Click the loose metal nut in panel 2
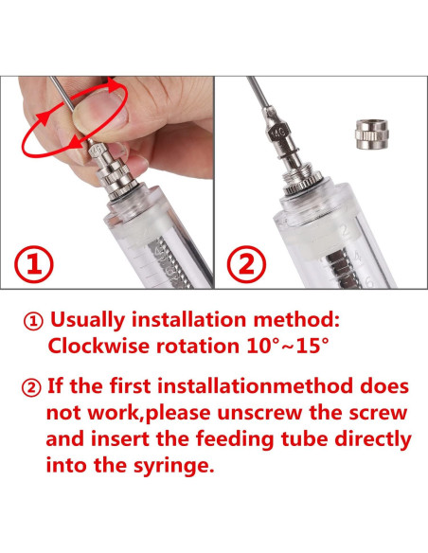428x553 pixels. point(371,134)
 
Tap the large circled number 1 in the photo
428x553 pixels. point(34,264)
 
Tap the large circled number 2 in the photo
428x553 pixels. point(246,264)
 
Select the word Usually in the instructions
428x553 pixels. point(87,320)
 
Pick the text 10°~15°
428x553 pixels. point(287,346)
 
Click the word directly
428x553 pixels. point(373,439)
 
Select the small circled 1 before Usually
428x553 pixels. point(33,321)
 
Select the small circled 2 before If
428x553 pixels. point(31,387)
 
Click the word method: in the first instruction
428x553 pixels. point(296,319)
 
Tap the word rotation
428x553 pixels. point(198,346)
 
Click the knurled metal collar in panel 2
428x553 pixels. point(304,181)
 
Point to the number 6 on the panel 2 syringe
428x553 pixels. point(368,282)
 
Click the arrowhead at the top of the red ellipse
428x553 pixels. point(114,85)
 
